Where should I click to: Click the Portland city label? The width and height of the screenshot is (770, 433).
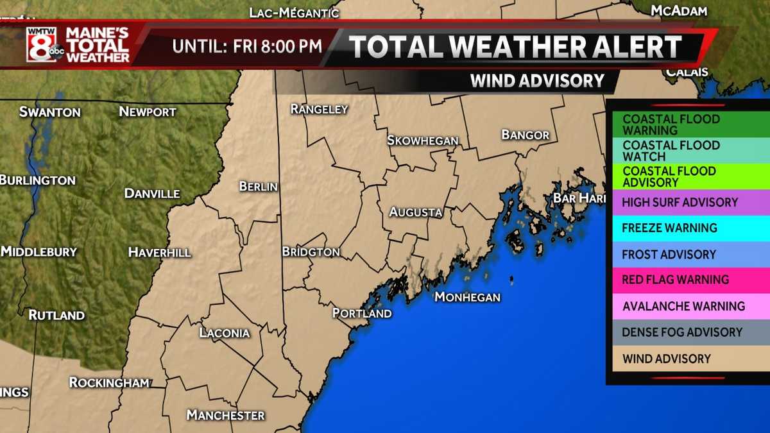pyautogui.click(x=362, y=314)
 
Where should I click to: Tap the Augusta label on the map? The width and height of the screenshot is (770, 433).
pyautogui.click(x=416, y=212)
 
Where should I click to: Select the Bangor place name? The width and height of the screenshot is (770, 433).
pyautogui.click(x=526, y=135)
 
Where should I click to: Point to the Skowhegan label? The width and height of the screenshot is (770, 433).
pyautogui.click(x=422, y=140)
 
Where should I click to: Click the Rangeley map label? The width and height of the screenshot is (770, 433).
pyautogui.click(x=319, y=110)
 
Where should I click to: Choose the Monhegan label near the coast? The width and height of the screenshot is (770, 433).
pyautogui.click(x=467, y=297)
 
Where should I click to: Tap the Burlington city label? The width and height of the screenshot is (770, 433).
pyautogui.click(x=37, y=180)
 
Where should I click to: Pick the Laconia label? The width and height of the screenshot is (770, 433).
pyautogui.click(x=224, y=333)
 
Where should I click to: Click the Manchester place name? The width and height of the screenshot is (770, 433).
pyautogui.click(x=225, y=415)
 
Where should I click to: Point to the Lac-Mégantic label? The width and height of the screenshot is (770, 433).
pyautogui.click(x=293, y=12)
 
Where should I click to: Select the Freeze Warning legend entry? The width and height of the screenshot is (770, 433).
pyautogui.click(x=670, y=228)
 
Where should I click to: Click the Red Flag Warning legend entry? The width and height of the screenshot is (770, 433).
pyautogui.click(x=676, y=280)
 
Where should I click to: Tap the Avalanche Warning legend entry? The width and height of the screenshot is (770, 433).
pyautogui.click(x=683, y=306)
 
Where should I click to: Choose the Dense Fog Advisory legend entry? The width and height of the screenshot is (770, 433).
pyautogui.click(x=682, y=332)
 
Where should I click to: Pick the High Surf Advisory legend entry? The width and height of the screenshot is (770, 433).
pyautogui.click(x=680, y=203)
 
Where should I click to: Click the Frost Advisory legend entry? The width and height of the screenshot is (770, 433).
pyautogui.click(x=669, y=254)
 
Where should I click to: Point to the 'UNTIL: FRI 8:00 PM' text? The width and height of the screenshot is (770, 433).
pyautogui.click(x=247, y=47)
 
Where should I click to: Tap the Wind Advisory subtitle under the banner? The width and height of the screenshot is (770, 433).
pyautogui.click(x=537, y=81)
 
